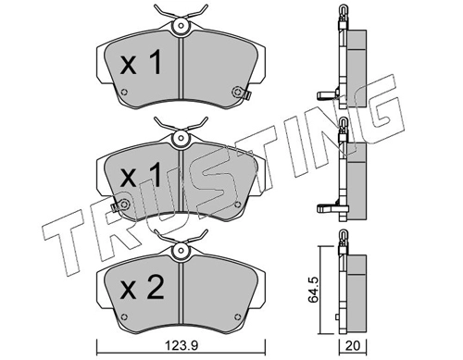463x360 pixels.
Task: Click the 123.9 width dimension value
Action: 181,346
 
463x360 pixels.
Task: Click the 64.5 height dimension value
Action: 314,290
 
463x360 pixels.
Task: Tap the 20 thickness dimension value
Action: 353,346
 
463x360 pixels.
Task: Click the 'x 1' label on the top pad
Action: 141,63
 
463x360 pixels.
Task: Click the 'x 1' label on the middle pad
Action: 141,175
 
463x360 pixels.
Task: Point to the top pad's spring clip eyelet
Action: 181,26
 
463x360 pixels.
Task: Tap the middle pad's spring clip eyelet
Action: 181,137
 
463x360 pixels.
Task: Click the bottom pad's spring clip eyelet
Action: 181,251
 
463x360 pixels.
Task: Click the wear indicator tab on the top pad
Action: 246,95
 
